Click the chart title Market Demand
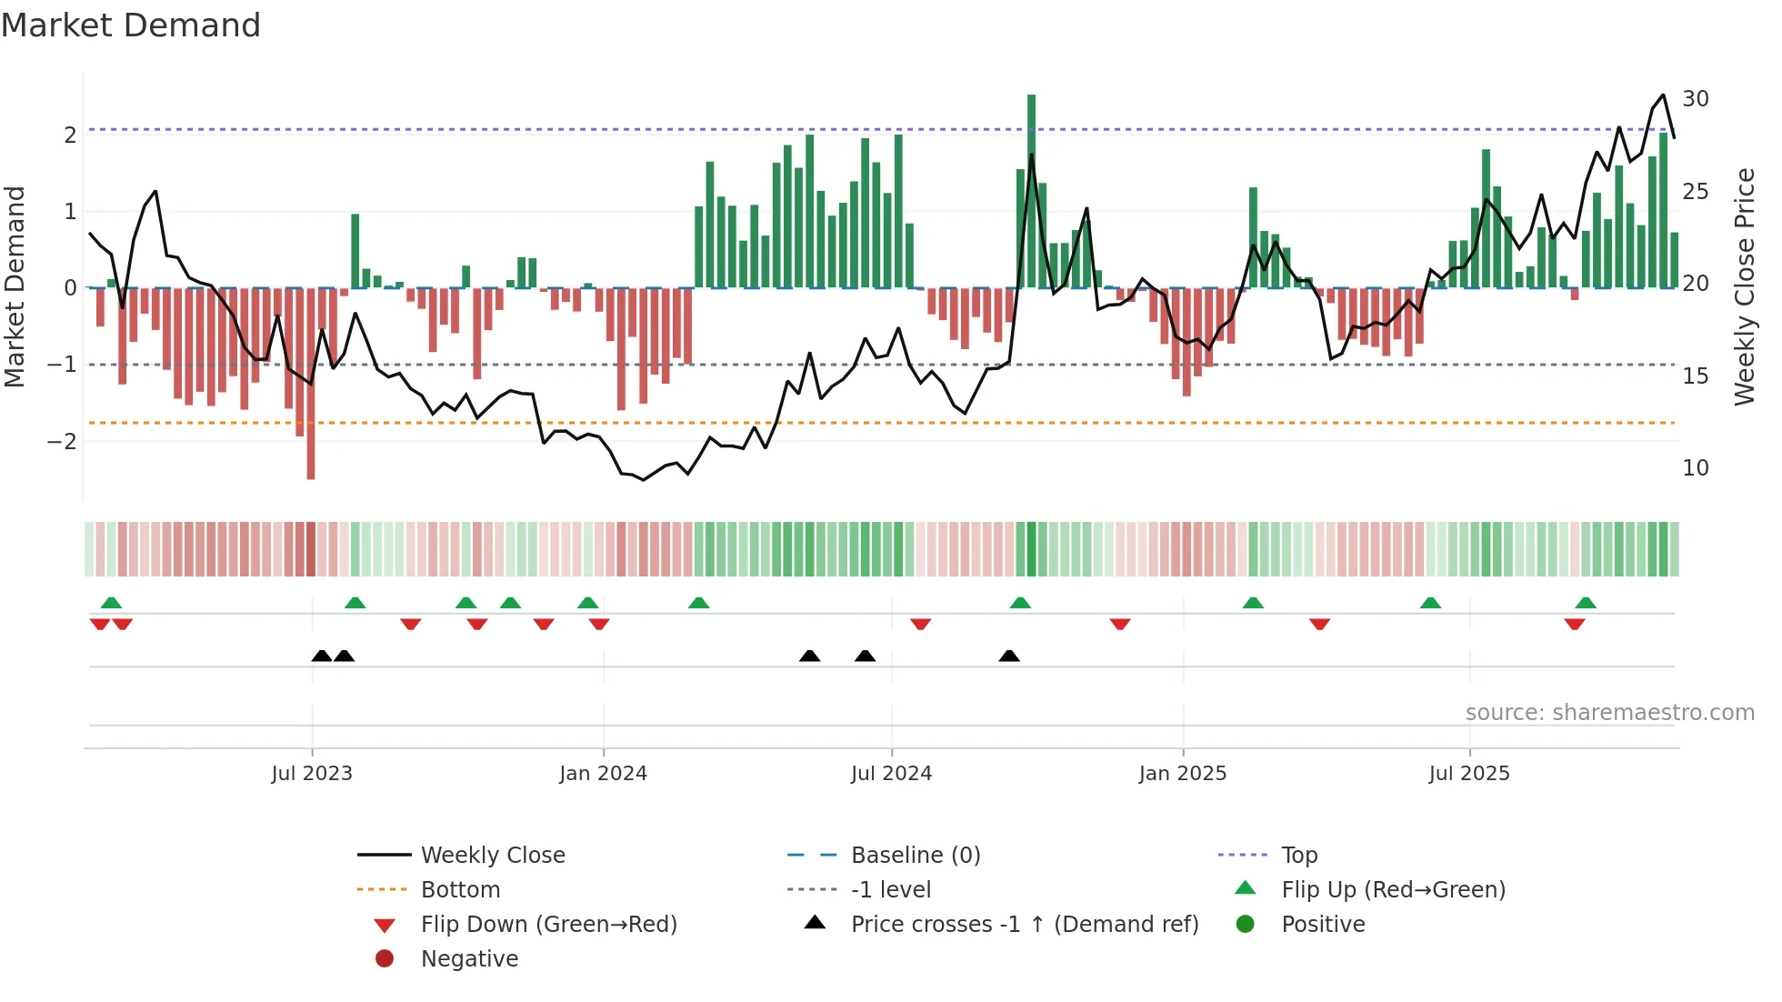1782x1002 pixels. pyautogui.click(x=131, y=25)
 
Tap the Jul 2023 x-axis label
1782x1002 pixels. pyautogui.click(x=311, y=774)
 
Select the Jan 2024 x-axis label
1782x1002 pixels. pyautogui.click(x=603, y=774)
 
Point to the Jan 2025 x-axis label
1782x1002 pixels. pyautogui.click(x=1182, y=774)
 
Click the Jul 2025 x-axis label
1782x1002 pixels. pyautogui.click(x=1468, y=774)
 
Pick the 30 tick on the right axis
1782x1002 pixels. pyautogui.click(x=1695, y=98)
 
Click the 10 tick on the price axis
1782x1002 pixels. pyautogui.click(x=1695, y=468)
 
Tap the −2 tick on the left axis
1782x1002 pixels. pyautogui.click(x=63, y=442)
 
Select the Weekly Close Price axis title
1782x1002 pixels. pyautogui.click(x=1744, y=286)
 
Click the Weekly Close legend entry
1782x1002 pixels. pyautogui.click(x=492, y=856)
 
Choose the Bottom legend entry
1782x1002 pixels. pyautogui.click(x=460, y=890)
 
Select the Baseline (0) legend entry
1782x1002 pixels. pyautogui.click(x=915, y=856)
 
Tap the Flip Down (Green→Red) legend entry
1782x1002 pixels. pyautogui.click(x=548, y=925)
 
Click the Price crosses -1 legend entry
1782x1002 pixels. pyautogui.click(x=1024, y=925)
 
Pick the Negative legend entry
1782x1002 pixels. pyautogui.click(x=469, y=959)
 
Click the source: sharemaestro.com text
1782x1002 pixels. pyautogui.click(x=1609, y=713)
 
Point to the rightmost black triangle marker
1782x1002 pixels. pyautogui.click(x=1009, y=656)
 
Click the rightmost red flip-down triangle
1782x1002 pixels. pyautogui.click(x=1575, y=624)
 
